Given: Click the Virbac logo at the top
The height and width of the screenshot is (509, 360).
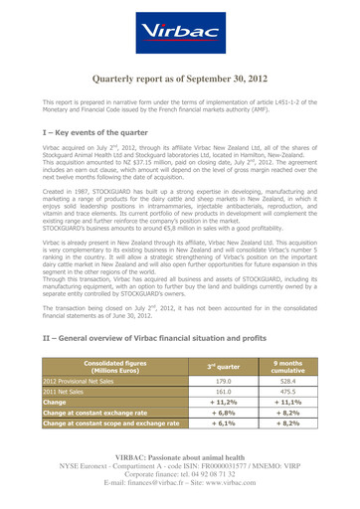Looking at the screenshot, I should click(180, 34).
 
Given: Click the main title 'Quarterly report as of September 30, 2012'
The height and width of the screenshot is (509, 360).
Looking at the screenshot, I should click(180, 80).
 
